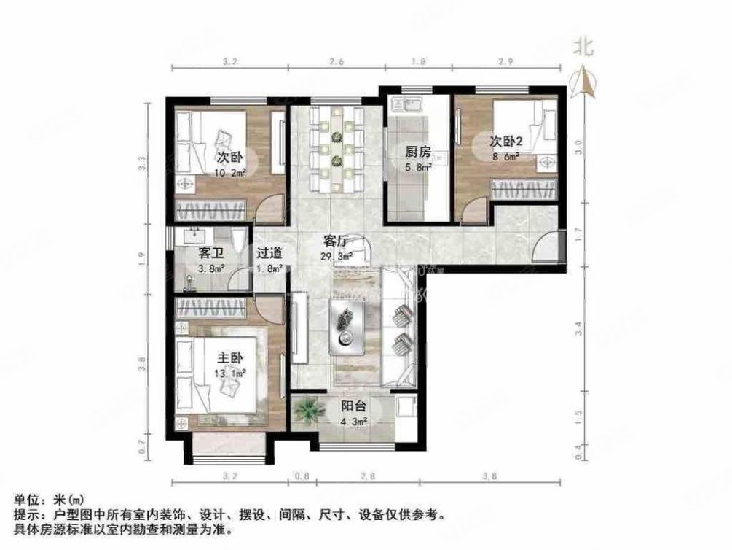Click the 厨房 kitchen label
tap(418, 152)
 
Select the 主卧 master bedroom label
tap(230, 359)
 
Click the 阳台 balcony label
tap(354, 407)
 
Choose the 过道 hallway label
tap(269, 253)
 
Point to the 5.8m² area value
tap(419, 166)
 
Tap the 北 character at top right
tap(583, 47)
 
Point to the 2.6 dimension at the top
tap(336, 62)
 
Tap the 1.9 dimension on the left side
tap(142, 255)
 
